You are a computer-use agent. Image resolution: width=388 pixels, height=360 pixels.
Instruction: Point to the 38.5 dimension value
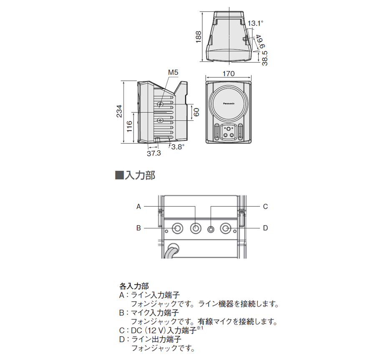pyautogui.click(x=265, y=58)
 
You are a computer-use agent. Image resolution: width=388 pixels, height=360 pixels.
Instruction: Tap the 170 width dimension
pyautogui.click(x=228, y=74)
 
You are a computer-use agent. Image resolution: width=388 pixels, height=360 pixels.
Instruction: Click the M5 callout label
pyautogui.click(x=173, y=73)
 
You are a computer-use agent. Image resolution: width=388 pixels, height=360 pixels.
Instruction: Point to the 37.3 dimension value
pyautogui.click(x=154, y=154)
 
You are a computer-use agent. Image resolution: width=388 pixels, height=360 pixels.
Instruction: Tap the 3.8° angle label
pyautogui.click(x=177, y=147)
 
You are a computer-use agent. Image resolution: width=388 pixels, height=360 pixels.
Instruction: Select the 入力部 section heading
pyautogui.click(x=140, y=175)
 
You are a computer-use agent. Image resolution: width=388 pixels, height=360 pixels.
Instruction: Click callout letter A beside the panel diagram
pyautogui.click(x=139, y=206)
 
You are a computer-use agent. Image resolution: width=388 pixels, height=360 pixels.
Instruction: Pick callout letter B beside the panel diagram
pyautogui.click(x=139, y=228)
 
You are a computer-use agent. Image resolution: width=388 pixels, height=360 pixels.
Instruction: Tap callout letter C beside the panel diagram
pyautogui.click(x=265, y=206)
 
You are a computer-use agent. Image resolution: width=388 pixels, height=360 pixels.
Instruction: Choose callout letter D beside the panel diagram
pyautogui.click(x=265, y=228)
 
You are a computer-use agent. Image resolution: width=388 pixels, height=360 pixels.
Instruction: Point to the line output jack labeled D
pyautogui.click(x=226, y=228)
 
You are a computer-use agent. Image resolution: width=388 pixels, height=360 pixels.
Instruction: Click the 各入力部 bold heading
pyautogui.click(x=134, y=286)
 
